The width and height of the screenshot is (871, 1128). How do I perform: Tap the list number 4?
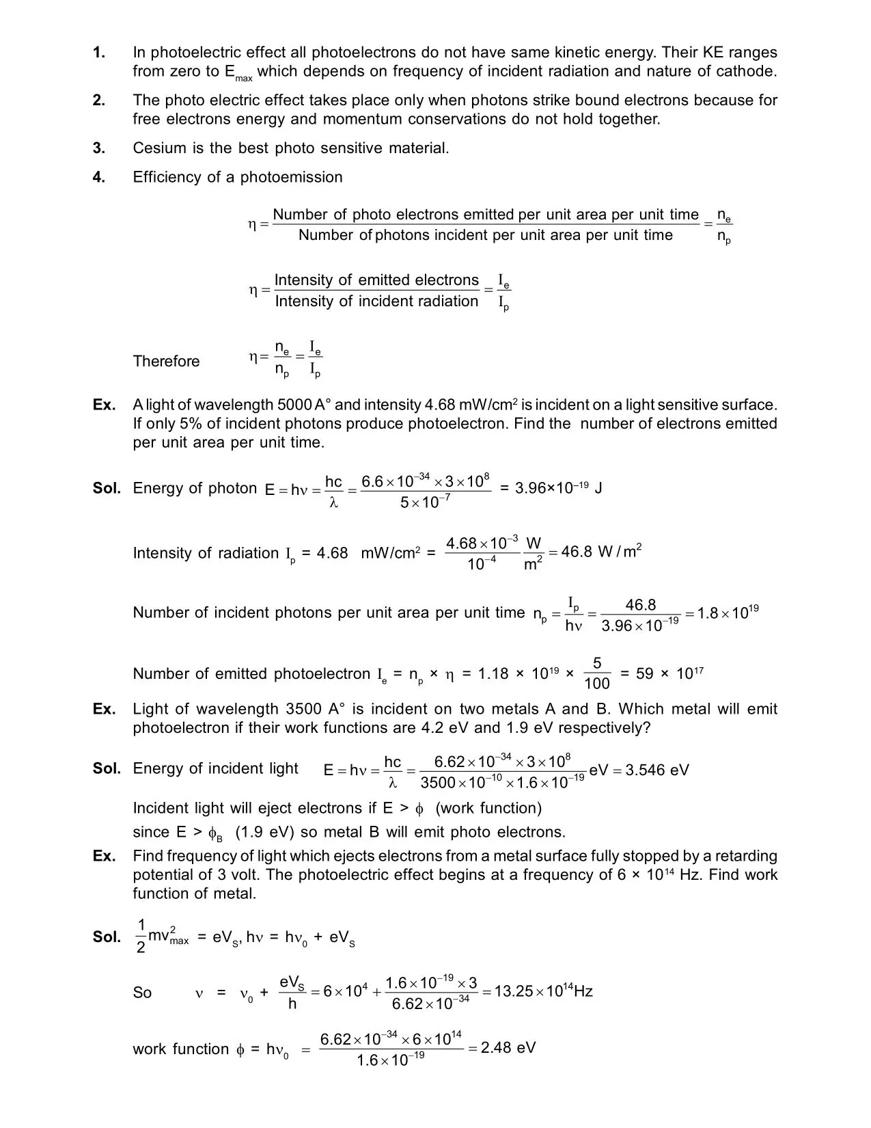[99, 178]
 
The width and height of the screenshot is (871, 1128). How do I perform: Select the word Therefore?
[166, 362]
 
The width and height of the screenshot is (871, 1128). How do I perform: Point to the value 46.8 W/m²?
[600, 552]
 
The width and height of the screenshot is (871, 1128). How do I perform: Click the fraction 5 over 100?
[597, 673]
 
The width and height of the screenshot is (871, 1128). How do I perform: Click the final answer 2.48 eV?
[508, 1048]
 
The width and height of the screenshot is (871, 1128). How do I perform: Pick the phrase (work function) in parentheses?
[488, 808]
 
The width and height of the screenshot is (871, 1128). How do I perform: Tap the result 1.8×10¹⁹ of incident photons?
[728, 613]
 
